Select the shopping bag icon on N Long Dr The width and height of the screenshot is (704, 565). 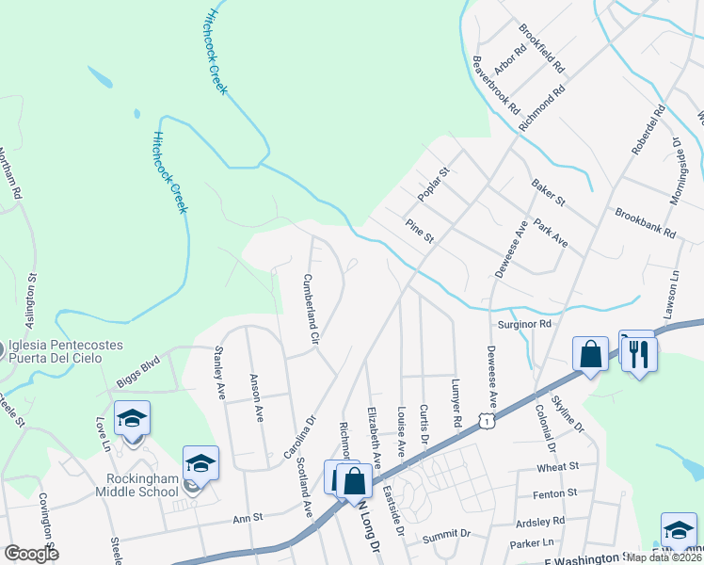[x=354, y=480]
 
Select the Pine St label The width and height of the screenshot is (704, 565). [x=419, y=232]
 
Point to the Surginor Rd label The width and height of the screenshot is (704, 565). [x=524, y=323]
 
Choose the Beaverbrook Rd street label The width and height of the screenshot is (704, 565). [x=496, y=84]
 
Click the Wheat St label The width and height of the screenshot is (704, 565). [x=557, y=467]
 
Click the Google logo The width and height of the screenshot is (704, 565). [x=31, y=555]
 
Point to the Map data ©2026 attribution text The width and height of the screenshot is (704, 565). [x=664, y=557]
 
